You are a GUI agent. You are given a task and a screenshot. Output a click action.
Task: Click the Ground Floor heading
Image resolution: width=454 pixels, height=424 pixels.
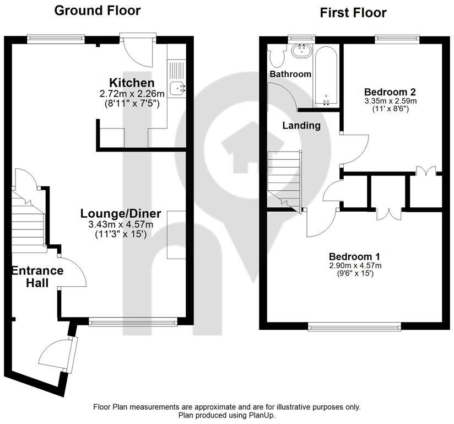(97, 10)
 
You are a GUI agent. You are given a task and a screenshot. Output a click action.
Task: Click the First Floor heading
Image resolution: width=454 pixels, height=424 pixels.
(353, 12)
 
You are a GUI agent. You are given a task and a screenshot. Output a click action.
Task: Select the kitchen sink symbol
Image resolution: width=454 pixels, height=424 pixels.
(177, 87)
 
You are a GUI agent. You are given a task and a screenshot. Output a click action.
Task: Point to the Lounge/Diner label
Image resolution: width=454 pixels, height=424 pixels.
(121, 213)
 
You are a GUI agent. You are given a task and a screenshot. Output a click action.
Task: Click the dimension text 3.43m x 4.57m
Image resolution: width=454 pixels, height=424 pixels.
(121, 224)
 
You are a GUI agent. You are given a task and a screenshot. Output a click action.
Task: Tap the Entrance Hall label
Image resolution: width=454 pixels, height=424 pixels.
(37, 277)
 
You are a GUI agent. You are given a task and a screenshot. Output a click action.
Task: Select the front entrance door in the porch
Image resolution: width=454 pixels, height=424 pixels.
(59, 355)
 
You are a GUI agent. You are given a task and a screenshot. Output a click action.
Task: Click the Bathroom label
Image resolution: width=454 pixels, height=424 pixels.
(290, 74)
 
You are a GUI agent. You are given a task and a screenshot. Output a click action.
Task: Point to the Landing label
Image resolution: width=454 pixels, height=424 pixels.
(301, 125)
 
